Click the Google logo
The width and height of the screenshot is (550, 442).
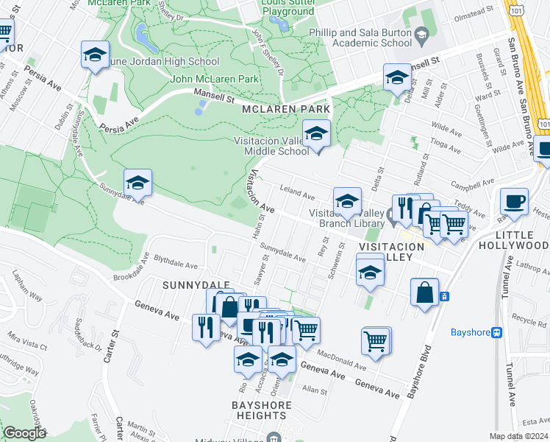(x=24, y=433)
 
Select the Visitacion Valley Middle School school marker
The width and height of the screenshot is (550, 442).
(x=317, y=134)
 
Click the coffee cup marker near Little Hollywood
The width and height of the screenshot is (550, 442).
(x=514, y=201)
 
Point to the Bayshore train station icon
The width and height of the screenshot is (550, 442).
(x=497, y=332)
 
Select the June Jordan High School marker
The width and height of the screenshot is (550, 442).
(x=95, y=55)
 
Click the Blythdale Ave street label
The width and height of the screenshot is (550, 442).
(x=176, y=262)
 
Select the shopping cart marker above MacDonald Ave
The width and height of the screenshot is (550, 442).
(x=376, y=342)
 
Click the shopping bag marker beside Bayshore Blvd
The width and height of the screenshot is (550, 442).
(x=425, y=292)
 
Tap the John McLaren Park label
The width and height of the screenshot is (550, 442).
(x=214, y=79)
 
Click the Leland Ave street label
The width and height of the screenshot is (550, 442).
(x=297, y=194)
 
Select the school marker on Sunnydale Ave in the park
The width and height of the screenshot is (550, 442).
(x=137, y=183)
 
